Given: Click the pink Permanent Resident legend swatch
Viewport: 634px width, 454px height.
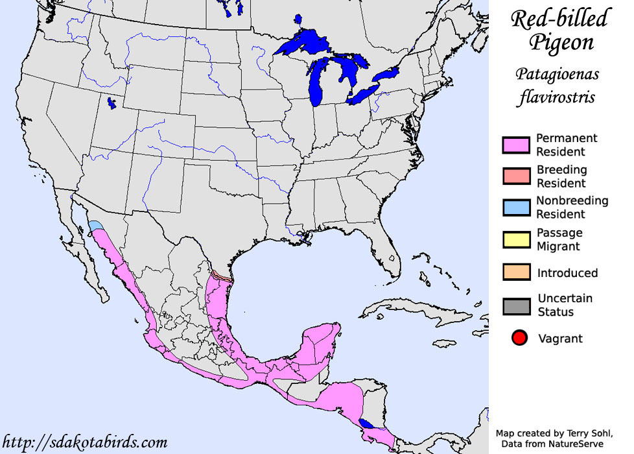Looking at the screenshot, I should (517, 145).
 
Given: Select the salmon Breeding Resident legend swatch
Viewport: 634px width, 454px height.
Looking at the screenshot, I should (517, 176).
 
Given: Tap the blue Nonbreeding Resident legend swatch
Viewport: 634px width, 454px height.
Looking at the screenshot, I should (517, 208).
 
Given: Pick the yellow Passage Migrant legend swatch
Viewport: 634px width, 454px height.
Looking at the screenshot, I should (517, 239).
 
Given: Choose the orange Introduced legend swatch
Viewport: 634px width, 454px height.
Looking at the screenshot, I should (517, 272).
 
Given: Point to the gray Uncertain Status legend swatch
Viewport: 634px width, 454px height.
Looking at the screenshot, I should (517, 305).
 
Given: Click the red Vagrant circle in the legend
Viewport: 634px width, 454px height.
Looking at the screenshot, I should (518, 338).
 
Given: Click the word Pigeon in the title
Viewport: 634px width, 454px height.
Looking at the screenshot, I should (561, 43).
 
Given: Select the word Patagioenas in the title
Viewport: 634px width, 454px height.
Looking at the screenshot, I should (558, 75).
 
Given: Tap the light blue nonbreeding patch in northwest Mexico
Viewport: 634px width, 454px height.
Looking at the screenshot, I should (95, 226).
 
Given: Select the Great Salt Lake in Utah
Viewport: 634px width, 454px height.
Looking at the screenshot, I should (112, 102).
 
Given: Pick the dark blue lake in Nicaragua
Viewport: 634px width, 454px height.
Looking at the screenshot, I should (367, 423).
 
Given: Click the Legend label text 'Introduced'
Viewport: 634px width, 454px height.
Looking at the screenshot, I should (567, 273).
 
